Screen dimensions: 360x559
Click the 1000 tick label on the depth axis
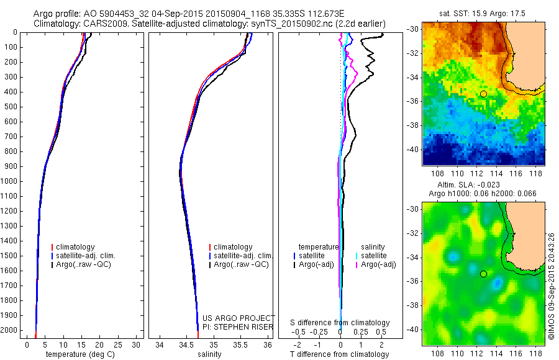12,181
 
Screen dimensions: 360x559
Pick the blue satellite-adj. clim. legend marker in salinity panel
210,256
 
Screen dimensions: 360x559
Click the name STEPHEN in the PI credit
235,326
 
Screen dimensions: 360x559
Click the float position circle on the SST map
483,94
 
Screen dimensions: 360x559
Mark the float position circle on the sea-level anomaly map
483,274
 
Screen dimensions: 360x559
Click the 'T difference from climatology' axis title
340,354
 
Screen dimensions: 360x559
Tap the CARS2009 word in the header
102,24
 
